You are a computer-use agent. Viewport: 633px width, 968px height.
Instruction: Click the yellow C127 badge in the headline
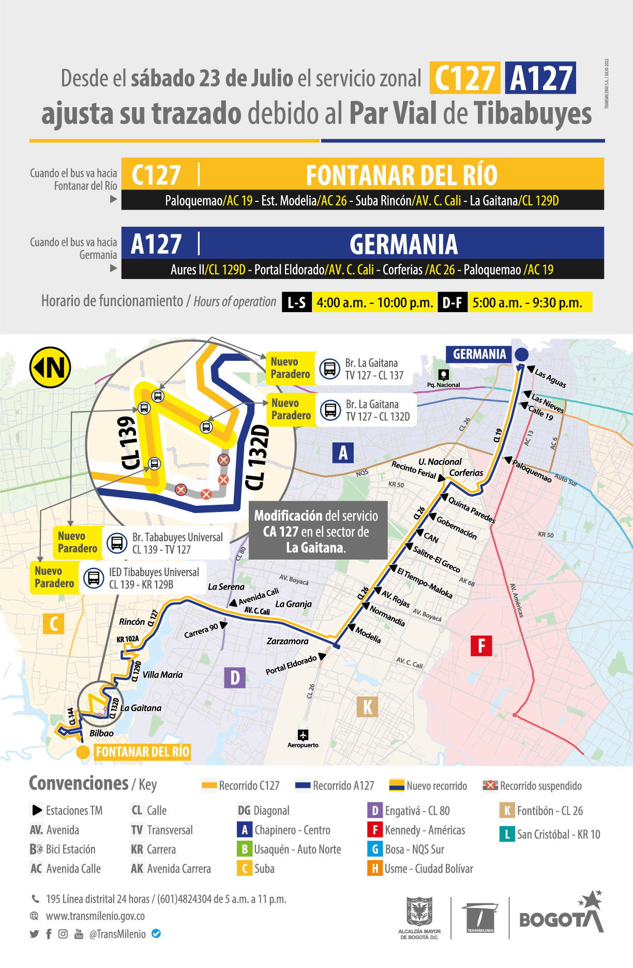464,78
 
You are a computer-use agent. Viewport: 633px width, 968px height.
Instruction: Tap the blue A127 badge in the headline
540,78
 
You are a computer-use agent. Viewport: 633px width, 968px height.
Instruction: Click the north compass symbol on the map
50,368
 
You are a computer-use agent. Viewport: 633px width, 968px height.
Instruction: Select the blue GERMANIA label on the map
479,355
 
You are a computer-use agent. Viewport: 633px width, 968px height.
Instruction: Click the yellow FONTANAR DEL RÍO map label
142,752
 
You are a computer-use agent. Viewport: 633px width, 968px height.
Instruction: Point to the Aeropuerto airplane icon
303,735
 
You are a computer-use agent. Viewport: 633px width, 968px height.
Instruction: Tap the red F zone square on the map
481,646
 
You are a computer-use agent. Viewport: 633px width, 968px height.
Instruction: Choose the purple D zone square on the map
235,677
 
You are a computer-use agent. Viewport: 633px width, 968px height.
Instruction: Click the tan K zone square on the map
367,707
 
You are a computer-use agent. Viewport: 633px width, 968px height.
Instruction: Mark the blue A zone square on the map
343,452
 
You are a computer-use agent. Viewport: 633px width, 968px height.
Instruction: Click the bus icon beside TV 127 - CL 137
329,369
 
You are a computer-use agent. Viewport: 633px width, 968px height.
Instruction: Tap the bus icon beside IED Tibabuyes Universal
94,577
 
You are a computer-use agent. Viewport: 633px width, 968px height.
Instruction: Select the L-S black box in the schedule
297,302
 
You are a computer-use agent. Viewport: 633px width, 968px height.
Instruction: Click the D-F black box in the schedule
453,302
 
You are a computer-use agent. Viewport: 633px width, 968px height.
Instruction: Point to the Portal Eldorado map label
291,665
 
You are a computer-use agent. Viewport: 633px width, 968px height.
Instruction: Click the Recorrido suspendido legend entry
533,786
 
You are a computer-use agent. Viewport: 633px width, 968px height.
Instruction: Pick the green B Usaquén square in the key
244,849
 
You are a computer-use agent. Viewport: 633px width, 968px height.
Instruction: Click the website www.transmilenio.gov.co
95,916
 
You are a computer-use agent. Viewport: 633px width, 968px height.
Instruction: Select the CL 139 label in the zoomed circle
128,443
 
